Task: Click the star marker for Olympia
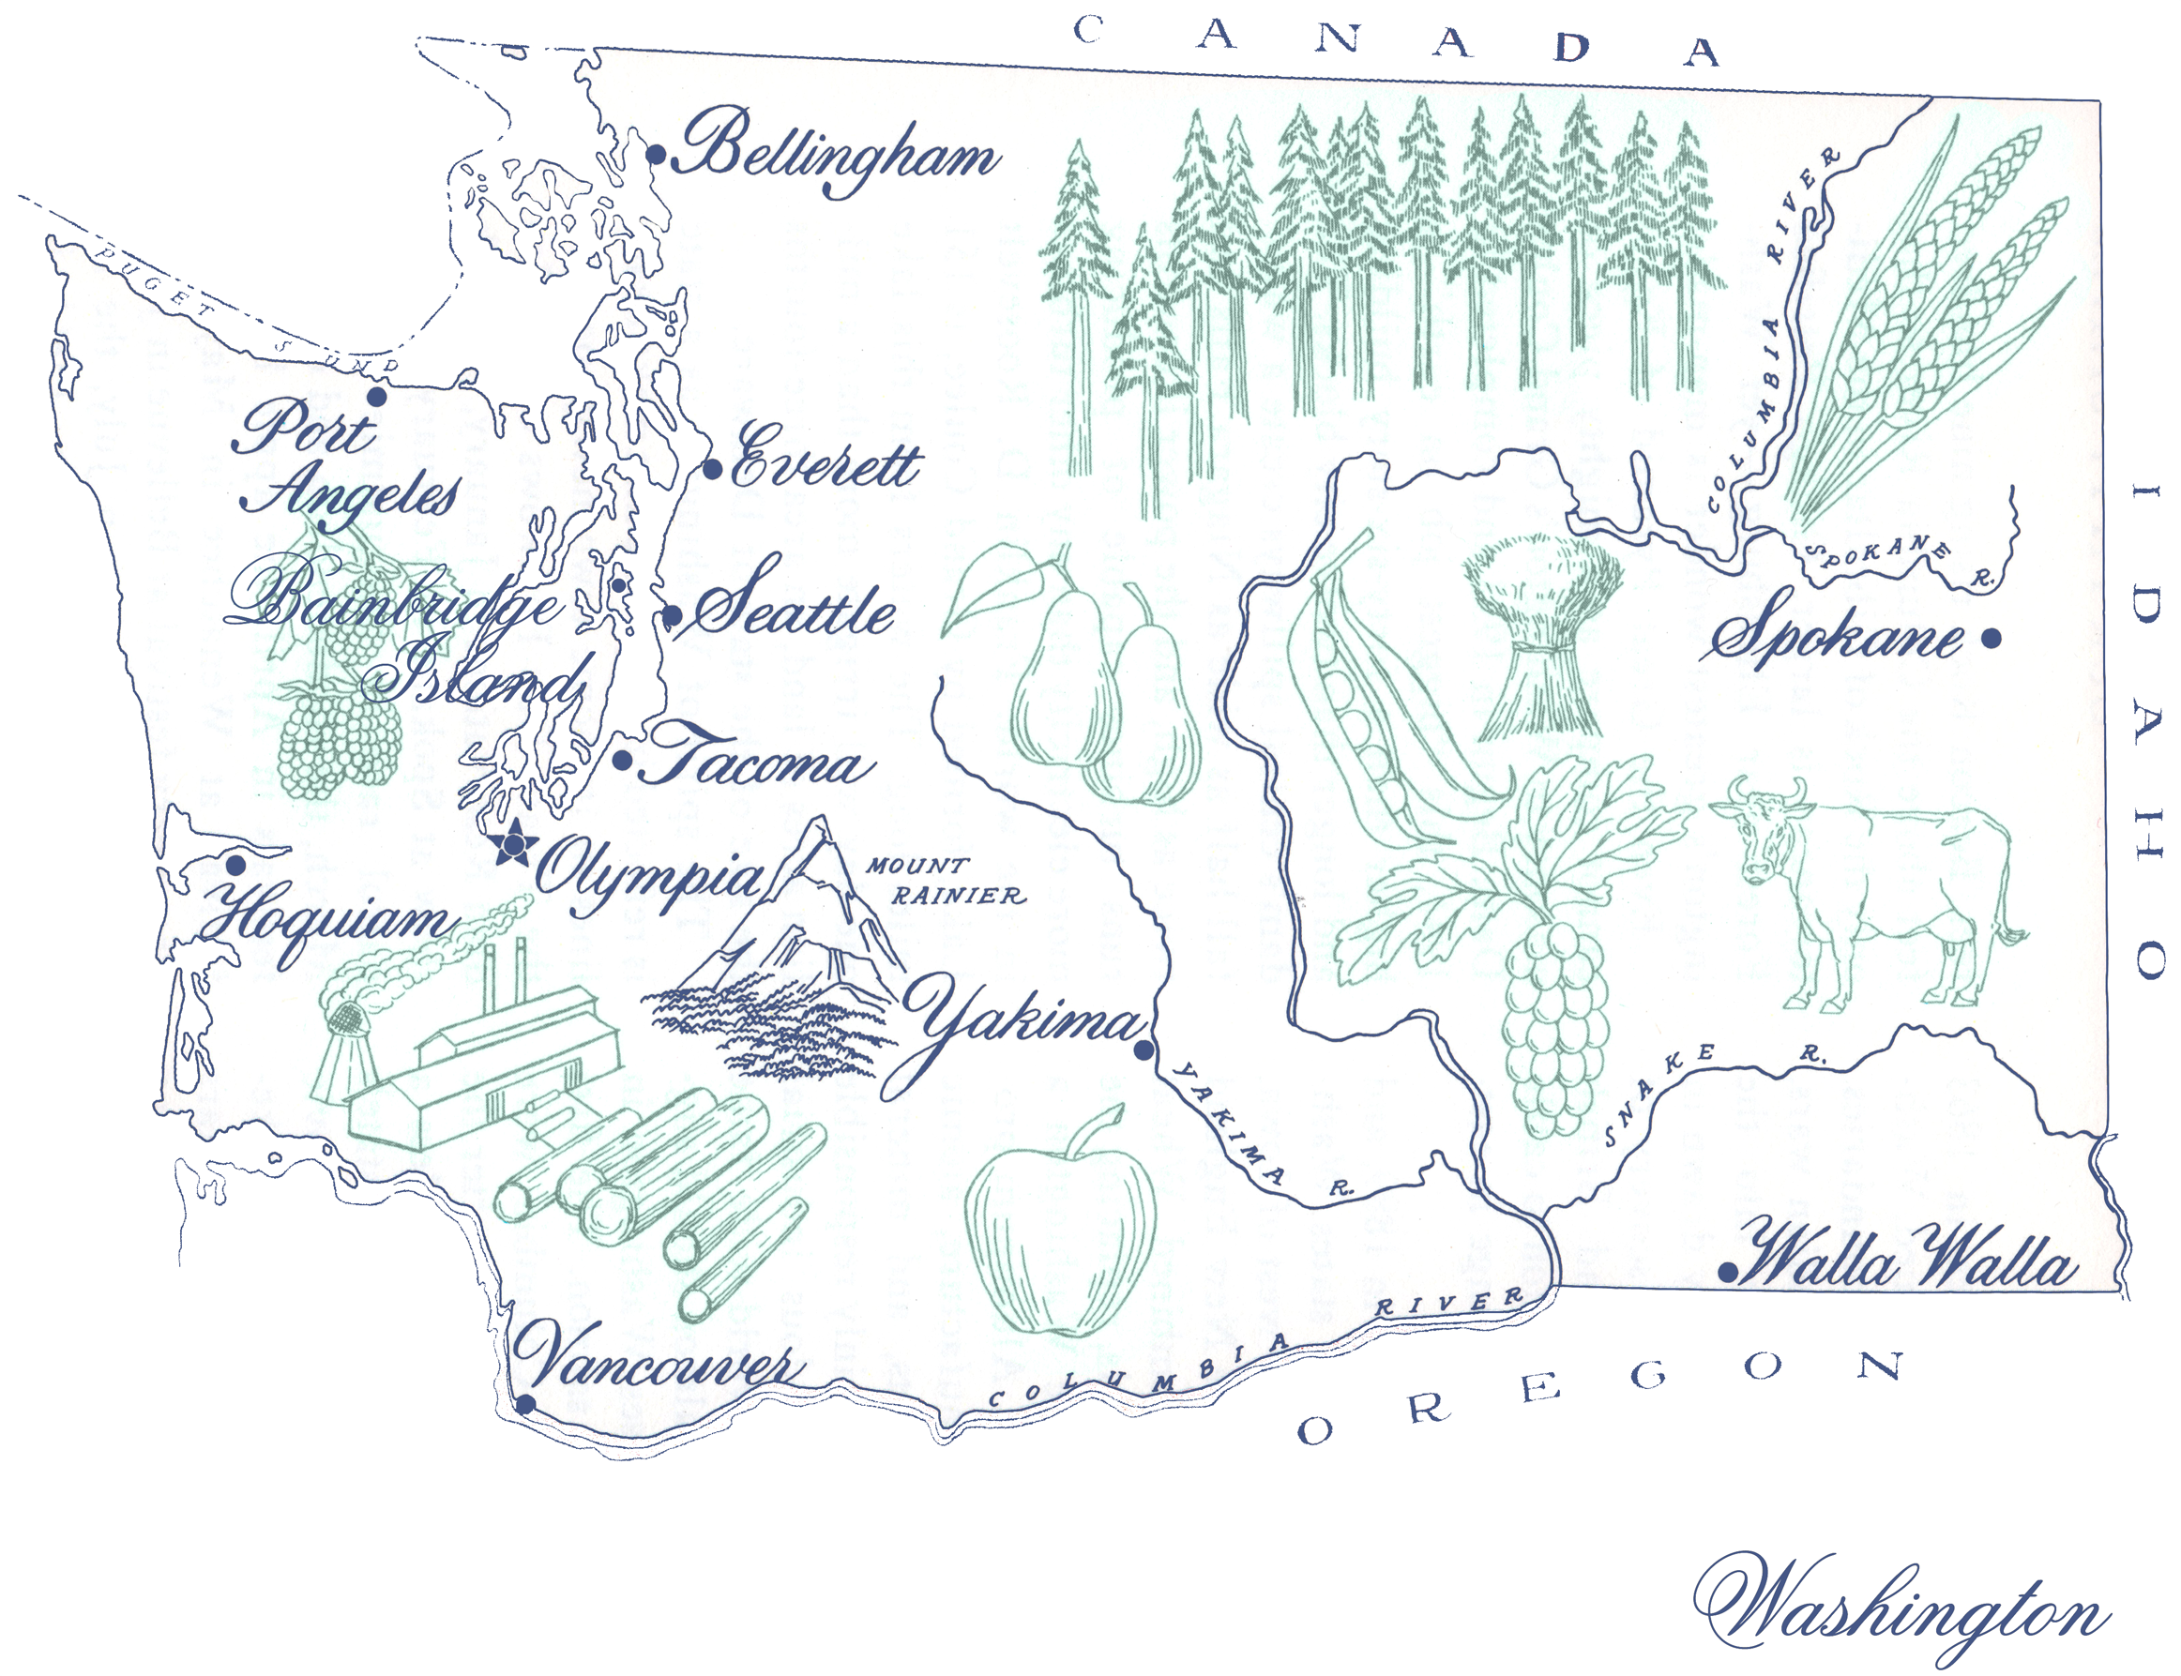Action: pos(515,846)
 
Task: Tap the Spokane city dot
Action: pos(1991,639)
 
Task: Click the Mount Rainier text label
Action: pos(942,881)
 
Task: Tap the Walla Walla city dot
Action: pos(1727,1273)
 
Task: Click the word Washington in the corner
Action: pos(1901,1607)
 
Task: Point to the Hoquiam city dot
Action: pos(235,865)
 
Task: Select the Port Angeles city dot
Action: pos(377,397)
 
